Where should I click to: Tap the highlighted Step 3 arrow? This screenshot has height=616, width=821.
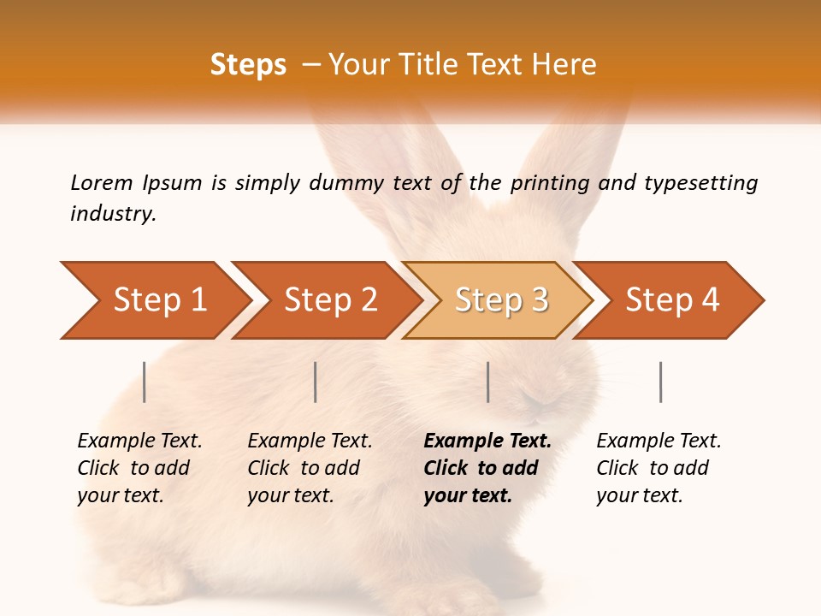click(x=501, y=300)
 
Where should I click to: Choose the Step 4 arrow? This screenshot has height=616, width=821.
click(x=672, y=300)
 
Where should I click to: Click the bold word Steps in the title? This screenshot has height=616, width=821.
click(x=248, y=65)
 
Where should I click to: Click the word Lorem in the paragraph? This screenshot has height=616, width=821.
click(x=102, y=182)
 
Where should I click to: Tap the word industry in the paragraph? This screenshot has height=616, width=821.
click(x=113, y=213)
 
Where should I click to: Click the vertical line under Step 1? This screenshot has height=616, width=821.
click(x=145, y=382)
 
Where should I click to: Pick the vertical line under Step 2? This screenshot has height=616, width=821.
click(x=316, y=382)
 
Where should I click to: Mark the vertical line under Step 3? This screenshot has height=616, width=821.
click(x=487, y=382)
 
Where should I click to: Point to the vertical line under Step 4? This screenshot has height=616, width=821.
click(x=660, y=382)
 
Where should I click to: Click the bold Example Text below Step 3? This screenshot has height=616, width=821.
click(x=487, y=441)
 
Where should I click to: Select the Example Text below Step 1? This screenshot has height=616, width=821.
click(x=139, y=441)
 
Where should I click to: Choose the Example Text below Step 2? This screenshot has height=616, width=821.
click(x=310, y=441)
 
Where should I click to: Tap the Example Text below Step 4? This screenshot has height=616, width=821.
click(x=659, y=441)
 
